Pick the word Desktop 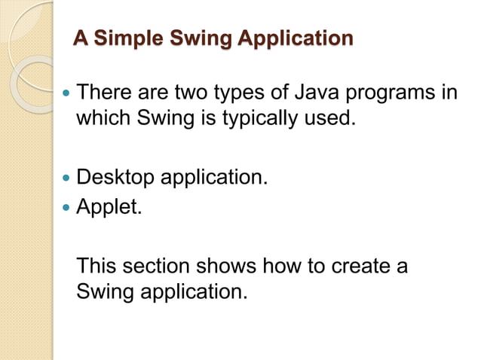[x=117, y=179]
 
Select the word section [x=161, y=266]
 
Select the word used [x=330, y=118]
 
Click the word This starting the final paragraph [x=97, y=266]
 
